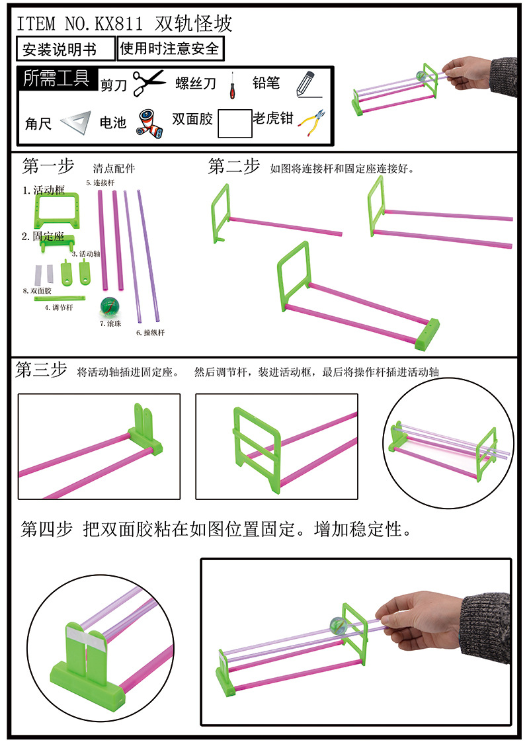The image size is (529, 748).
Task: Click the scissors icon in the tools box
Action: pos(149,83)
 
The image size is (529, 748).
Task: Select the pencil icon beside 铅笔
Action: pos(304,84)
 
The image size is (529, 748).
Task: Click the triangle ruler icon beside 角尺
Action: pos(74,122)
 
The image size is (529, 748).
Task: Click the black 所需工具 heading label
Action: pos(56,79)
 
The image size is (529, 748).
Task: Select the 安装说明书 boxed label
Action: pos(59,50)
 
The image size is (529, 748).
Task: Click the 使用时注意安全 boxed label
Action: pos(169,49)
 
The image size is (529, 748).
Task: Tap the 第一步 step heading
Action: pos(48,166)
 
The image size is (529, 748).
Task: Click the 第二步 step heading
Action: pos(234,167)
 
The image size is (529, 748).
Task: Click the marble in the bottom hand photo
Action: pos(338,624)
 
